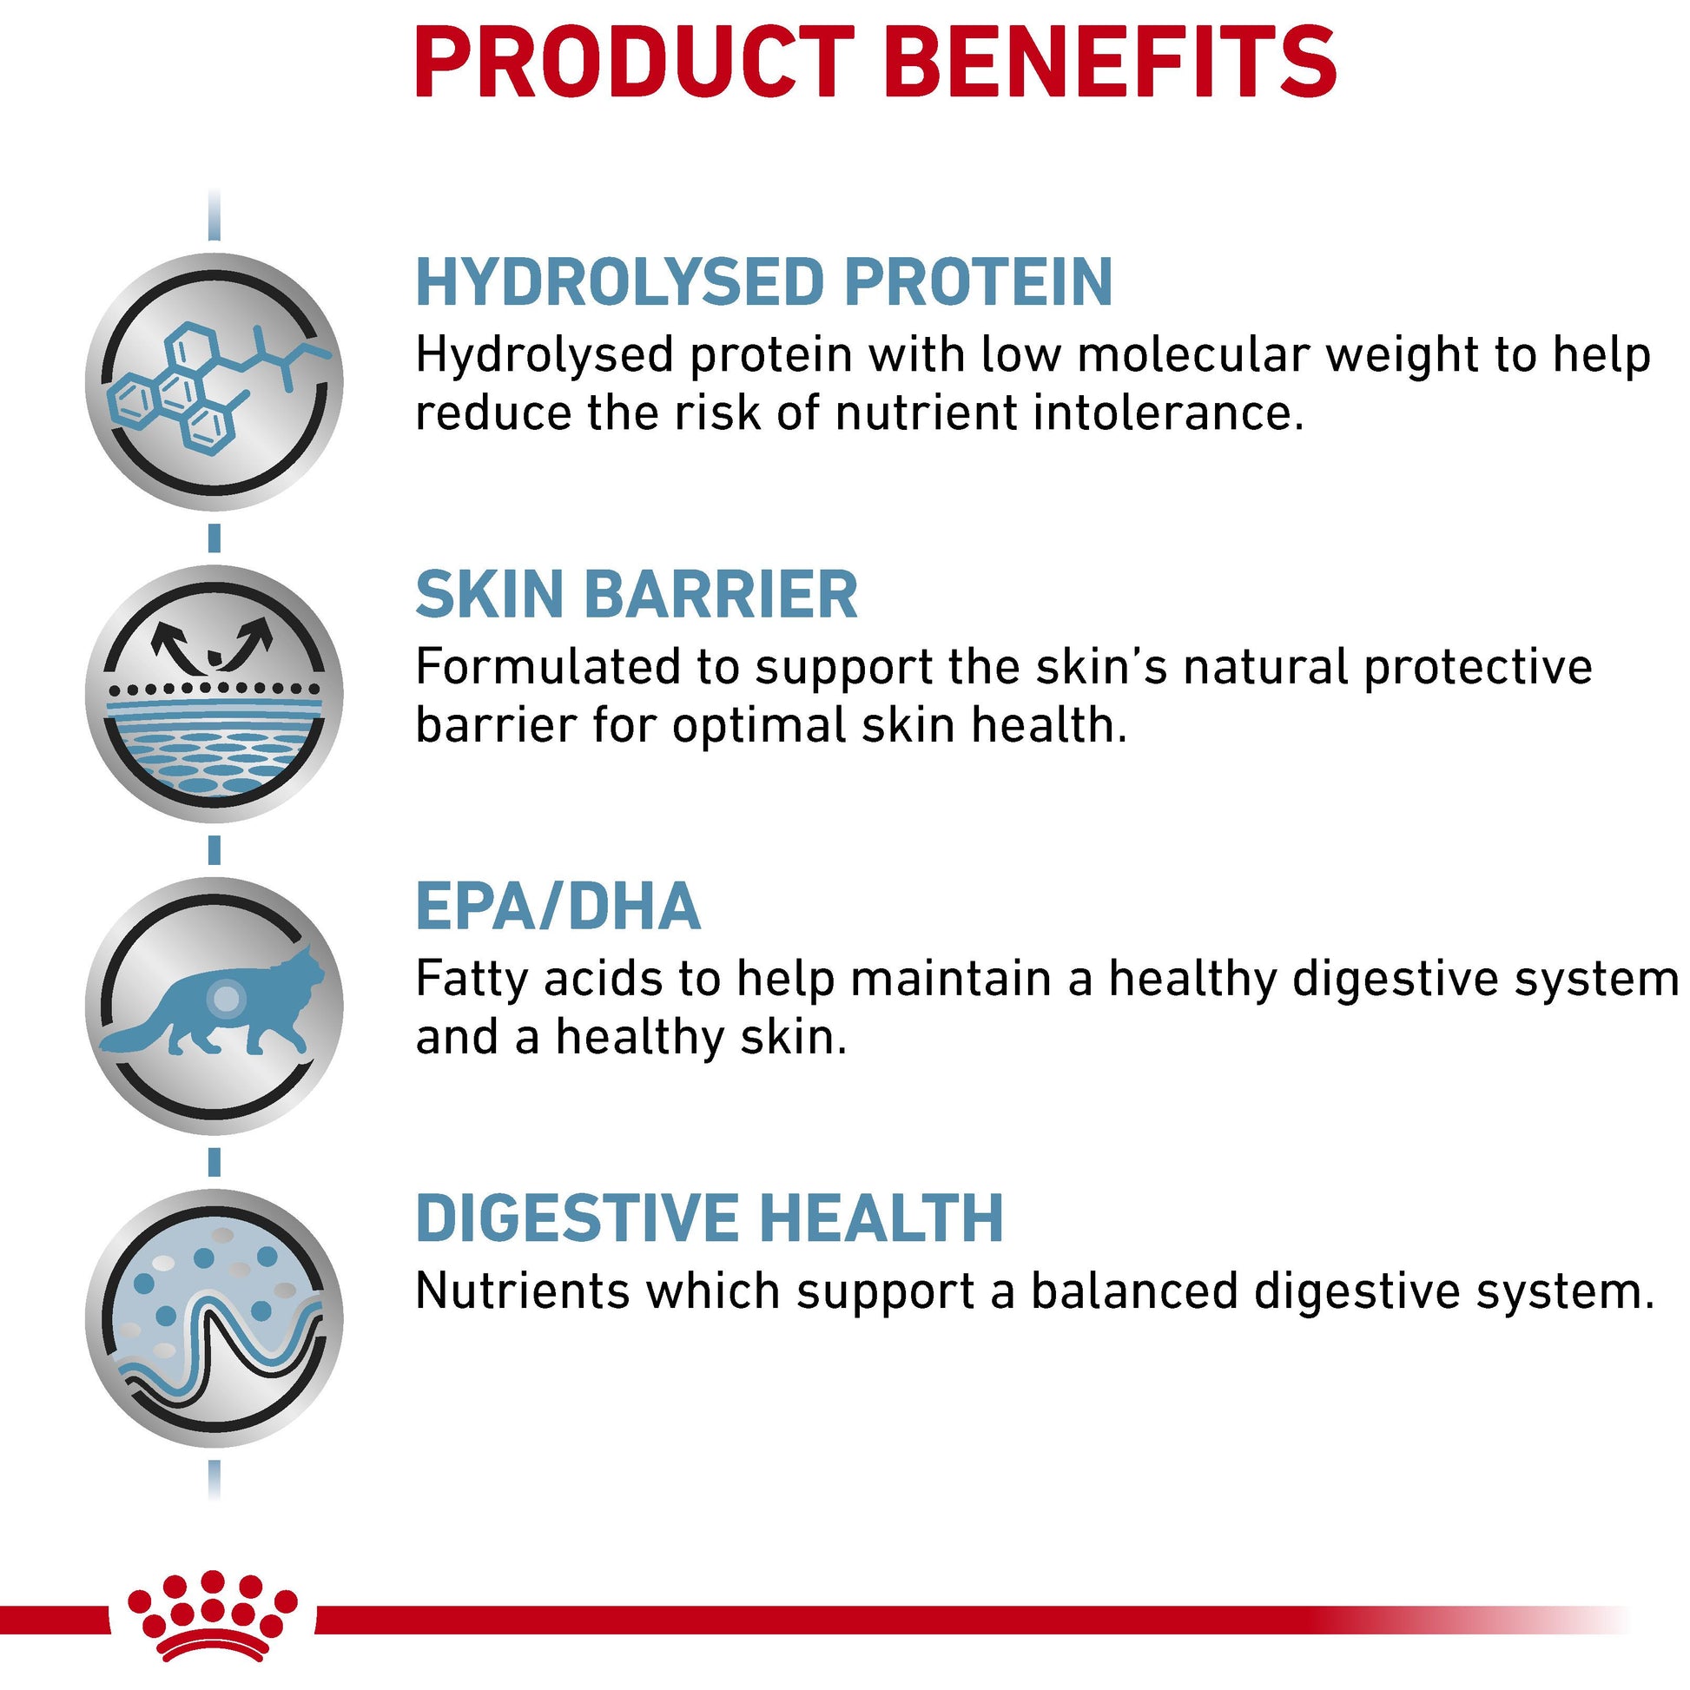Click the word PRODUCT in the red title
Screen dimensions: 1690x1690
634,63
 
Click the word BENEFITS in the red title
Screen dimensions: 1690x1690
1110,63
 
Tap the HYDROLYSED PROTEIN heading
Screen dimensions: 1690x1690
763,281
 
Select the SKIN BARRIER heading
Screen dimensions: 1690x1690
637,594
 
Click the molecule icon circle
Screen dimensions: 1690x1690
215,381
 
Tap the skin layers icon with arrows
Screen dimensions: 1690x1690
215,694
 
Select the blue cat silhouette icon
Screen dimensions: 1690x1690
213,1000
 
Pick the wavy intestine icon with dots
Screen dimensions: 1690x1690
215,1318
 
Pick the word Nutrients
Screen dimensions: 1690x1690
523,1291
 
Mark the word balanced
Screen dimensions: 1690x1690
1133,1291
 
